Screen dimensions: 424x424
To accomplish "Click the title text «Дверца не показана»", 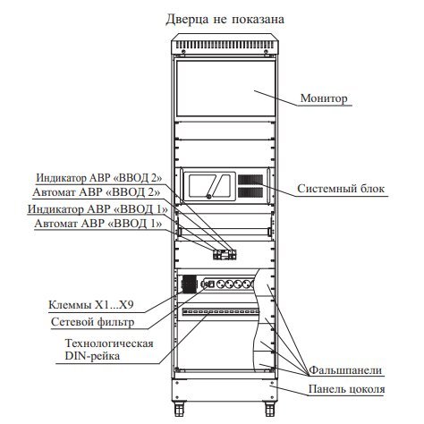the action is pyautogui.click(x=225, y=19).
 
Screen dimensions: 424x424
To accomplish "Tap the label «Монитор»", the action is pyautogui.click(x=324, y=98).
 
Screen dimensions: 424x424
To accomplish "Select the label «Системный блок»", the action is pyautogui.click(x=341, y=189).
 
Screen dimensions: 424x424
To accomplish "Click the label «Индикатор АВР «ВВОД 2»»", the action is pyautogui.click(x=99, y=178).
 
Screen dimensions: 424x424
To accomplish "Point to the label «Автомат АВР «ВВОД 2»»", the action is pyautogui.click(x=97, y=192).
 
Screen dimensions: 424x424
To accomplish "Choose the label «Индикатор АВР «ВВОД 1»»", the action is pyautogui.click(x=98, y=209).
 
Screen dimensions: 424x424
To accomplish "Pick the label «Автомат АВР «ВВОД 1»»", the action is pyautogui.click(x=98, y=224).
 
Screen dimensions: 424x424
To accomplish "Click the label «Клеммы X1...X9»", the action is pyautogui.click(x=91, y=305).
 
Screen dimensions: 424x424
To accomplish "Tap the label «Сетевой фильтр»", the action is pyautogui.click(x=92, y=322).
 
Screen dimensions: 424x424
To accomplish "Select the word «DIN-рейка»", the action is pyautogui.click(x=92, y=356).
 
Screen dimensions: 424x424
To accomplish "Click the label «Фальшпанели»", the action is pyautogui.click(x=345, y=370).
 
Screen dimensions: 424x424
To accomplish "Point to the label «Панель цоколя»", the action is pyautogui.click(x=346, y=389).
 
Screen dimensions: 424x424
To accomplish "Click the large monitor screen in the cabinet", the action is pyautogui.click(x=225, y=89).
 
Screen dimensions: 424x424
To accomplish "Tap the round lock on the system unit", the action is pyautogui.click(x=209, y=196).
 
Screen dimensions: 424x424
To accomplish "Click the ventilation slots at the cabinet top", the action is pyautogui.click(x=225, y=46).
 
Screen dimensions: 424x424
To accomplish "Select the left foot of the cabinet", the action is pyautogui.click(x=179, y=409).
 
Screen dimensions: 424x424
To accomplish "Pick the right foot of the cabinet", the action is pyautogui.click(x=270, y=409).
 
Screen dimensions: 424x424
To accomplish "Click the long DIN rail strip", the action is pyautogui.click(x=221, y=312).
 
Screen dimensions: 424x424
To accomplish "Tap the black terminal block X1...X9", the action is pyautogui.click(x=189, y=284).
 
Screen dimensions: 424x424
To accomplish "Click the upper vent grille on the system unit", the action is pyautogui.click(x=250, y=179).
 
